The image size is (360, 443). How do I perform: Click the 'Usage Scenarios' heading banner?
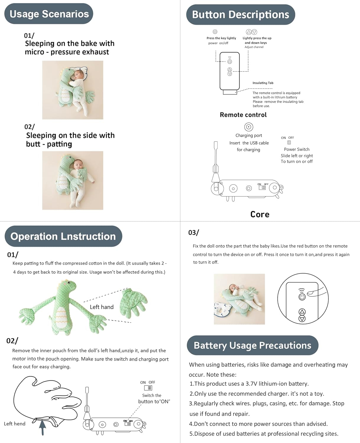pyautogui.click(x=49, y=14)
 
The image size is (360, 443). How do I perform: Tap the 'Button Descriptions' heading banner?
pyautogui.click(x=240, y=14)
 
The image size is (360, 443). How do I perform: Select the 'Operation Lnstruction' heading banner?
pyautogui.click(x=63, y=236)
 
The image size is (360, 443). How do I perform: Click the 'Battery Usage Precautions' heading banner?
pyautogui.click(x=252, y=345)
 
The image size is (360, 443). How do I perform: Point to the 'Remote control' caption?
pyautogui.click(x=243, y=115)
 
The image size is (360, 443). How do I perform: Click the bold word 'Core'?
pyautogui.click(x=260, y=214)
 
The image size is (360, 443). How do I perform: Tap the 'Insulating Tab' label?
pyautogui.click(x=263, y=83)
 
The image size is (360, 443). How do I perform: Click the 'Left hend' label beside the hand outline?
pyautogui.click(x=15, y=424)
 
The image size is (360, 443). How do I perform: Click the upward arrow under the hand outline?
pyautogui.click(x=43, y=427)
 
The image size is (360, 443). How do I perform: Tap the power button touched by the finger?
pyautogui.click(x=302, y=297)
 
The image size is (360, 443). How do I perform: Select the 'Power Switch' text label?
pyautogui.click(x=296, y=149)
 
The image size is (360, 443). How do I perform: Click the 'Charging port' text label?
pyautogui.click(x=249, y=136)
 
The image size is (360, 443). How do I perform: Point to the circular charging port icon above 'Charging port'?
pyautogui.click(x=249, y=127)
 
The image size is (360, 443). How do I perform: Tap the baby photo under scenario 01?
pyautogui.click(x=73, y=90)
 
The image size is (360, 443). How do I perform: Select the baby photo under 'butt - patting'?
pyautogui.click(x=73, y=180)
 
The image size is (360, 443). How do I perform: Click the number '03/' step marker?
pyautogui.click(x=194, y=233)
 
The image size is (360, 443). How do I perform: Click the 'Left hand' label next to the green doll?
pyautogui.click(x=102, y=307)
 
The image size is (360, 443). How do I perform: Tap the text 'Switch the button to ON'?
pyautogui.click(x=154, y=398)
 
